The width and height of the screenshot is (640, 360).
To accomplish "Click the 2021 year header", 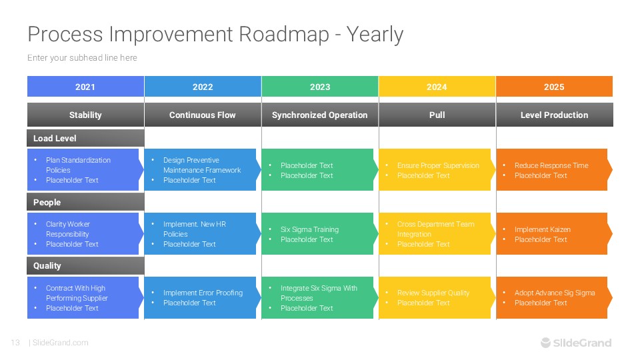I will click(x=85, y=87).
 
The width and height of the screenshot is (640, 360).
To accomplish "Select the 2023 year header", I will click(x=320, y=87).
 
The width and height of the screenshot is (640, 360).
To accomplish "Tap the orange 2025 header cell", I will click(x=554, y=87).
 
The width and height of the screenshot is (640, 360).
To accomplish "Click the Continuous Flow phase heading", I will click(x=203, y=115).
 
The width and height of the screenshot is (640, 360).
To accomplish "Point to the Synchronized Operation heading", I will click(x=320, y=115).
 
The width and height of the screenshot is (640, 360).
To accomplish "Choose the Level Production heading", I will click(x=554, y=115).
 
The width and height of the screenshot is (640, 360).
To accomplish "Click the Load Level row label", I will click(x=55, y=139).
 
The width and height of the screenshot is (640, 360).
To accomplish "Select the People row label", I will click(x=47, y=203).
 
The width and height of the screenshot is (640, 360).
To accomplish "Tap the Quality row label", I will click(x=47, y=266).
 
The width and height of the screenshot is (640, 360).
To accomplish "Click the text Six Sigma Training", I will click(x=309, y=229).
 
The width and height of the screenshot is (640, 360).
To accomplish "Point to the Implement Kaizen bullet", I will click(x=542, y=229).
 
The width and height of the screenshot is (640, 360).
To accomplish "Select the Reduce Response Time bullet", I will click(x=551, y=165).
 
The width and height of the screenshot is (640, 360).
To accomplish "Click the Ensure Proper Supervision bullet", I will click(x=438, y=165).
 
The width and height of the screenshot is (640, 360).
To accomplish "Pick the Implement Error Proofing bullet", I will click(x=203, y=293).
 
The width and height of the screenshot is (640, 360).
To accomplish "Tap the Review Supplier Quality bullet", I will click(x=433, y=293).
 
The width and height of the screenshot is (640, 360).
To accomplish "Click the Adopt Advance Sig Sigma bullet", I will click(x=555, y=293).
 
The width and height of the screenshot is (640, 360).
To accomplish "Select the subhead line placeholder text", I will click(x=82, y=58).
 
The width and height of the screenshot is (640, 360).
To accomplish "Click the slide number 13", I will click(x=15, y=343).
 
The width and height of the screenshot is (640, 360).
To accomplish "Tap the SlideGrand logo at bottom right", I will click(x=575, y=343).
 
